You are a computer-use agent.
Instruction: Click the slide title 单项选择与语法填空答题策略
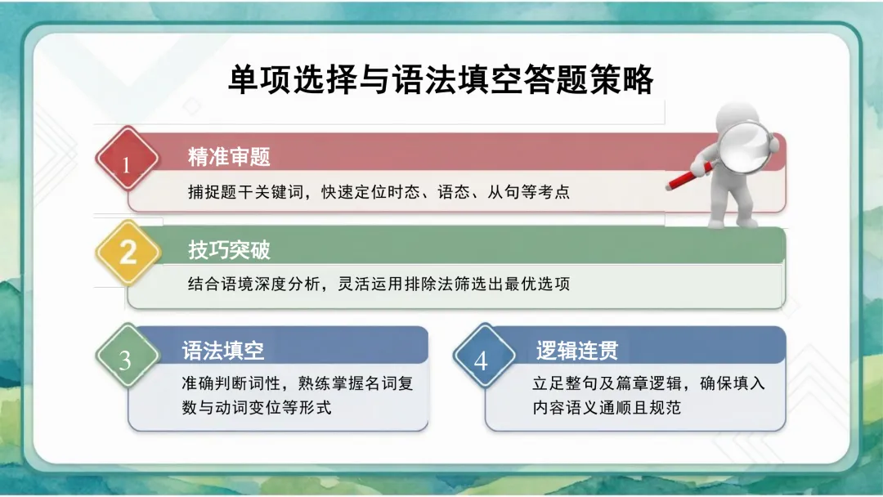click(x=441, y=81)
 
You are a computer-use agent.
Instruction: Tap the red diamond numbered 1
click(x=126, y=163)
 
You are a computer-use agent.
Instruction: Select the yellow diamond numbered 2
click(x=128, y=251)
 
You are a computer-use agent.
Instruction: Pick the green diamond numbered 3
click(x=125, y=360)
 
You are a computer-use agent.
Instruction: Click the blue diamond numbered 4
click(x=481, y=360)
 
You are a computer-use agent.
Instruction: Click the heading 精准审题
click(x=229, y=156)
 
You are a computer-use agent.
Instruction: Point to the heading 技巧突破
click(x=229, y=249)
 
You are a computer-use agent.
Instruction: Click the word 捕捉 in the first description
click(x=199, y=194)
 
